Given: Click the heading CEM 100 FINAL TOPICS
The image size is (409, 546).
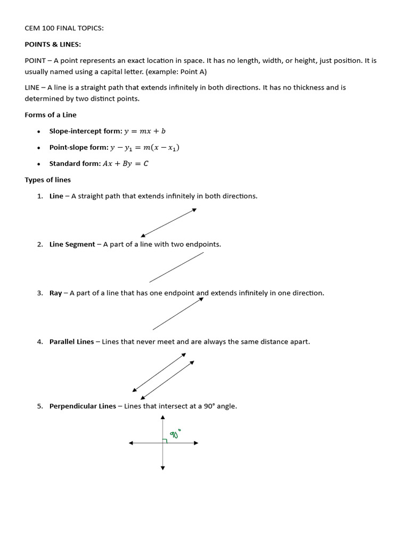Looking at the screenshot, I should (x=64, y=28).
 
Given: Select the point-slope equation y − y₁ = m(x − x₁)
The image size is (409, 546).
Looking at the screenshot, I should (x=144, y=148).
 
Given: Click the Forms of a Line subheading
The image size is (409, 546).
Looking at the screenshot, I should (x=51, y=115).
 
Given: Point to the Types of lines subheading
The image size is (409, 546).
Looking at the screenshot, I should (x=47, y=180).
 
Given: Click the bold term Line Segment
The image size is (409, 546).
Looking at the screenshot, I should (x=72, y=244).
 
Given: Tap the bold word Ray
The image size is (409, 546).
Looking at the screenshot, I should (x=55, y=293).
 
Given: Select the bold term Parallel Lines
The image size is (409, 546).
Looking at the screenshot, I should (x=71, y=341).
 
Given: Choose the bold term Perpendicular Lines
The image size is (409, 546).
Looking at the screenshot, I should (x=83, y=406).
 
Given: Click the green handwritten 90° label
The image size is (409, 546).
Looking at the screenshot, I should (x=175, y=433).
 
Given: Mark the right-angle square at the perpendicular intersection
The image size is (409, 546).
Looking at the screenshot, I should (x=165, y=440).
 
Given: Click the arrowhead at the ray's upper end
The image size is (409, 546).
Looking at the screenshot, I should (x=201, y=300).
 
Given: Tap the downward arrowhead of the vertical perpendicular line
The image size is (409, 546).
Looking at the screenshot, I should (x=163, y=468).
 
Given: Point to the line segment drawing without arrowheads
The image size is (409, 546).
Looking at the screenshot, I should (x=176, y=267).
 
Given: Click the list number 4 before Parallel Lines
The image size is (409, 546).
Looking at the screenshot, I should (x=40, y=341).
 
